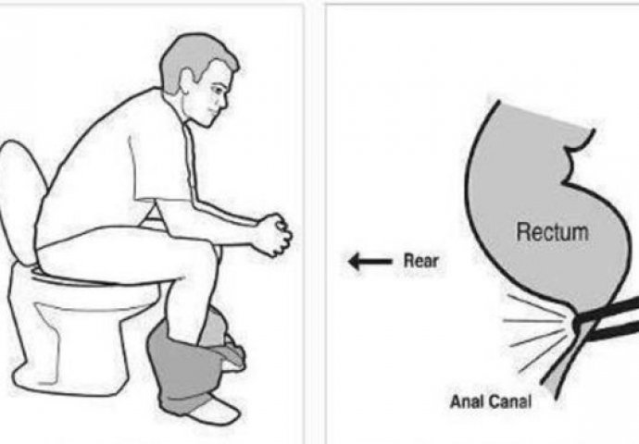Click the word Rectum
tap(552, 232)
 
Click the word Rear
tap(420, 261)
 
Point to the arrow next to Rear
tap(370, 261)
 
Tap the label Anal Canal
tap(491, 402)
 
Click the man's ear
tap(187, 82)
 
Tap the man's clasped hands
tap(273, 236)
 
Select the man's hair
tap(195, 57)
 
